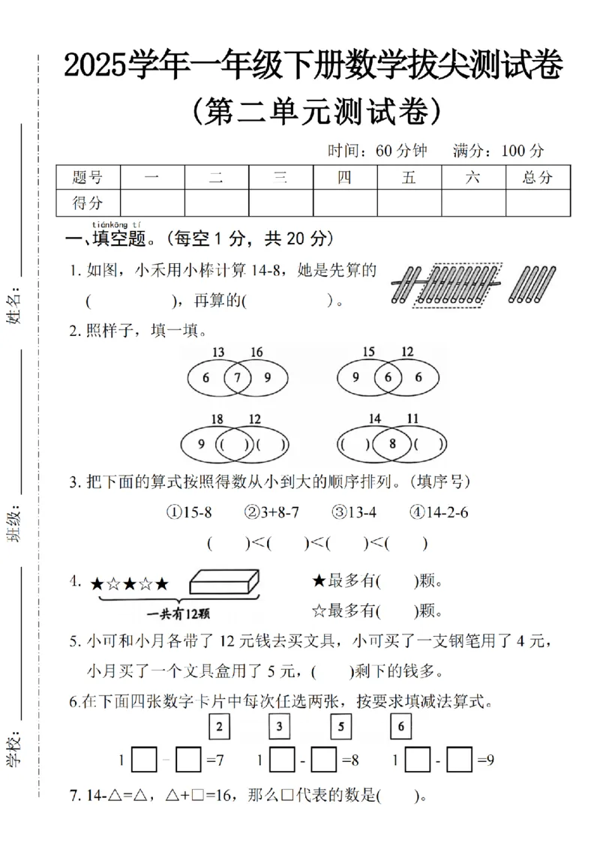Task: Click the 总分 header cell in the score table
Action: click(538, 178)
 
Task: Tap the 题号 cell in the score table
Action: click(88, 178)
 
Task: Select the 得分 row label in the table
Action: click(88, 202)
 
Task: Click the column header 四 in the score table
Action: click(345, 178)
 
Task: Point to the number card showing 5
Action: click(340, 726)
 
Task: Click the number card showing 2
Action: click(218, 726)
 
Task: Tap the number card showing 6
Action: click(402, 726)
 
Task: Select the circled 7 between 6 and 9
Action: click(238, 378)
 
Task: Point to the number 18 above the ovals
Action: click(217, 418)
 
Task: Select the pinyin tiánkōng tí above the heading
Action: click(116, 224)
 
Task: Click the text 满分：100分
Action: click(499, 151)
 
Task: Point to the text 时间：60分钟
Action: click(377, 151)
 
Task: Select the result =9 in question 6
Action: click(484, 760)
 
